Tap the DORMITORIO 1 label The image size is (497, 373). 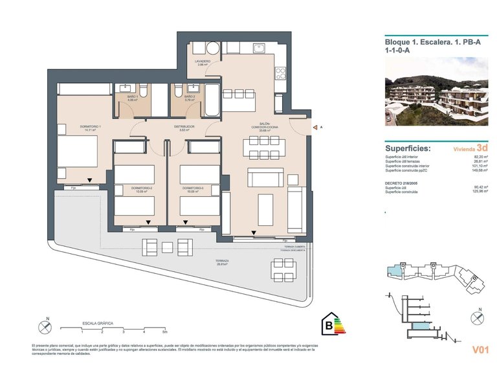pyautogui.click(x=72, y=127)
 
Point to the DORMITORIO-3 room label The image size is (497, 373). pyautogui.click(x=193, y=188)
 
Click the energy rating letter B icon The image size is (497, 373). pyautogui.click(x=330, y=325)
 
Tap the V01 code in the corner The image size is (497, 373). pyautogui.click(x=479, y=350)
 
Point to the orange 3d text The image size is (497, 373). pyautogui.click(x=481, y=148)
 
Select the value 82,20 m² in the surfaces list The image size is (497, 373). pyautogui.click(x=480, y=157)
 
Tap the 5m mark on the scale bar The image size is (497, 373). pyautogui.click(x=165, y=332)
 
